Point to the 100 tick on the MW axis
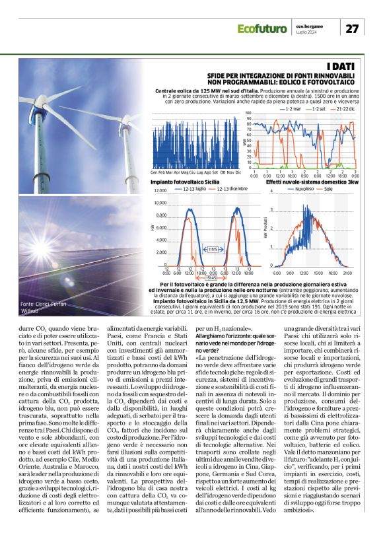click(x=248, y=114)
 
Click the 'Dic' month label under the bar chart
click(x=238, y=172)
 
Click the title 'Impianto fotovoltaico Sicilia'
click(x=185, y=181)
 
